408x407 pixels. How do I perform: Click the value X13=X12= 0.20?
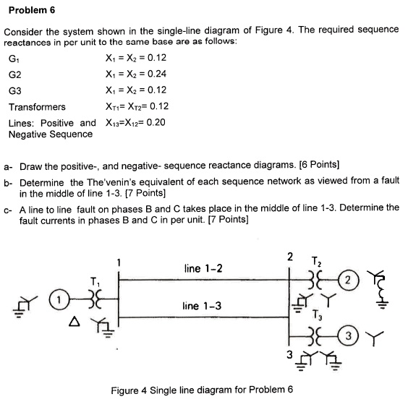(135, 121)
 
